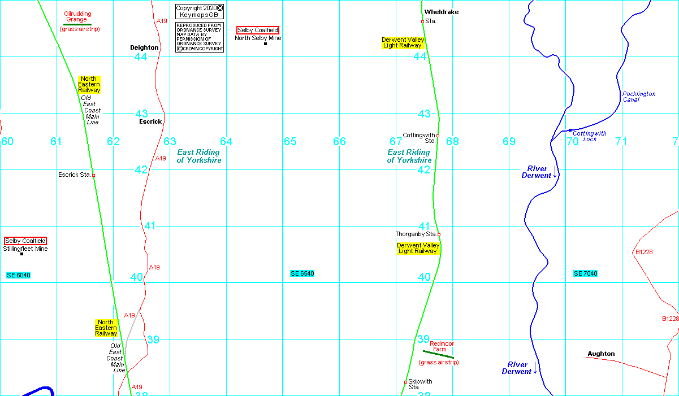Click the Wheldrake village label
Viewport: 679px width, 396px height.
[x=442, y=12]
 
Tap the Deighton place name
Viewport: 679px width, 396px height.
[x=144, y=48]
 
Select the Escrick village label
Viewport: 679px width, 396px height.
[x=150, y=121]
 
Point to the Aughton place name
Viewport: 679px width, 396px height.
[x=601, y=354]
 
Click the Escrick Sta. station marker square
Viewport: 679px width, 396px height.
[x=93, y=175]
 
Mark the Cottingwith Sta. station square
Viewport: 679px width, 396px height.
[x=438, y=136]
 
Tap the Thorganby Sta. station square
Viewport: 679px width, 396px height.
[x=439, y=234]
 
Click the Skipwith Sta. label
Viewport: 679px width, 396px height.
[x=419, y=384]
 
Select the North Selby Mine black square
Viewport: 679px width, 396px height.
[x=265, y=43]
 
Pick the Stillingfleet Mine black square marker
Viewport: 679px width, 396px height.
[x=22, y=254]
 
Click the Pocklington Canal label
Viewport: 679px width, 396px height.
[x=638, y=97]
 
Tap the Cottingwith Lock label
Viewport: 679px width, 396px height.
[x=589, y=136]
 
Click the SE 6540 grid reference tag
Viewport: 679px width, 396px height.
[x=302, y=273]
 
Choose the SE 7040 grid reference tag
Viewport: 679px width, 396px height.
[x=585, y=273]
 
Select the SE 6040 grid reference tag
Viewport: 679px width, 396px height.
[x=18, y=275]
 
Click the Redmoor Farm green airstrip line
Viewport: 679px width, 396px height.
[x=438, y=354]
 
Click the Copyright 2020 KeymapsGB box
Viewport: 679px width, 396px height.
[x=200, y=11]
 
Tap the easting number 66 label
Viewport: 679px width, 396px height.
[x=339, y=141]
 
